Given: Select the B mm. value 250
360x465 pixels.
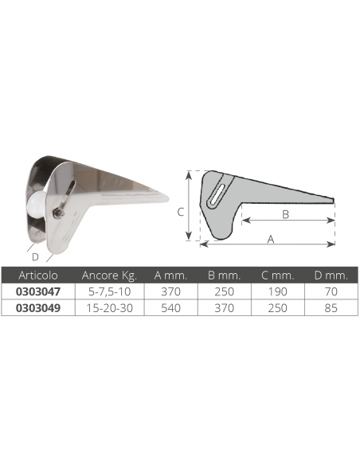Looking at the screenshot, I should [224, 292].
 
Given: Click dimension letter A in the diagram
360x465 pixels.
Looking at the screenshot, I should [271, 238].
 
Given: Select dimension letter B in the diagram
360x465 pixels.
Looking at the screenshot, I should [286, 213].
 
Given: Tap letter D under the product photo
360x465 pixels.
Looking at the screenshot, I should [34, 256].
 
